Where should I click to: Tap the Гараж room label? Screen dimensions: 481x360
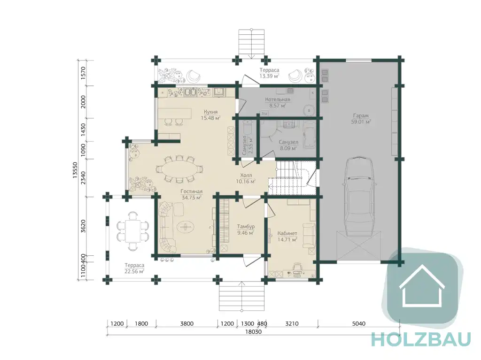click(x=360, y=116)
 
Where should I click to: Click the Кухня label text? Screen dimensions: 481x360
click(x=211, y=112)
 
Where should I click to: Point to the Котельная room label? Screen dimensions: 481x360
click(x=278, y=100)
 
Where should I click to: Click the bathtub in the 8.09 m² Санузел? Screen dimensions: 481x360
click(x=309, y=134)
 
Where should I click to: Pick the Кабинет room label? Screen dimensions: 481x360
click(x=287, y=233)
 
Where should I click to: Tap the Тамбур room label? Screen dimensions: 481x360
click(x=246, y=227)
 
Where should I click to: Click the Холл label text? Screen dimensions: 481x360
click(x=246, y=176)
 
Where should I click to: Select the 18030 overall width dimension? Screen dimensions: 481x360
click(x=253, y=331)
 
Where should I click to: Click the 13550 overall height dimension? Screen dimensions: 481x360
click(x=75, y=170)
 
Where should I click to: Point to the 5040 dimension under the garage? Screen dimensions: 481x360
click(x=358, y=323)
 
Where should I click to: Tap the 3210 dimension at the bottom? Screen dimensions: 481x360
click(x=292, y=323)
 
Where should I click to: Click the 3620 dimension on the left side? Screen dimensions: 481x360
click(x=83, y=226)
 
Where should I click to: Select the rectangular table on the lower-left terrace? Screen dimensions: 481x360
click(x=133, y=230)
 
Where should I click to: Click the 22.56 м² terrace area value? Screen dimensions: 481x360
click(x=134, y=271)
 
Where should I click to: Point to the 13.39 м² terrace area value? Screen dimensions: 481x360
click(x=269, y=76)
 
